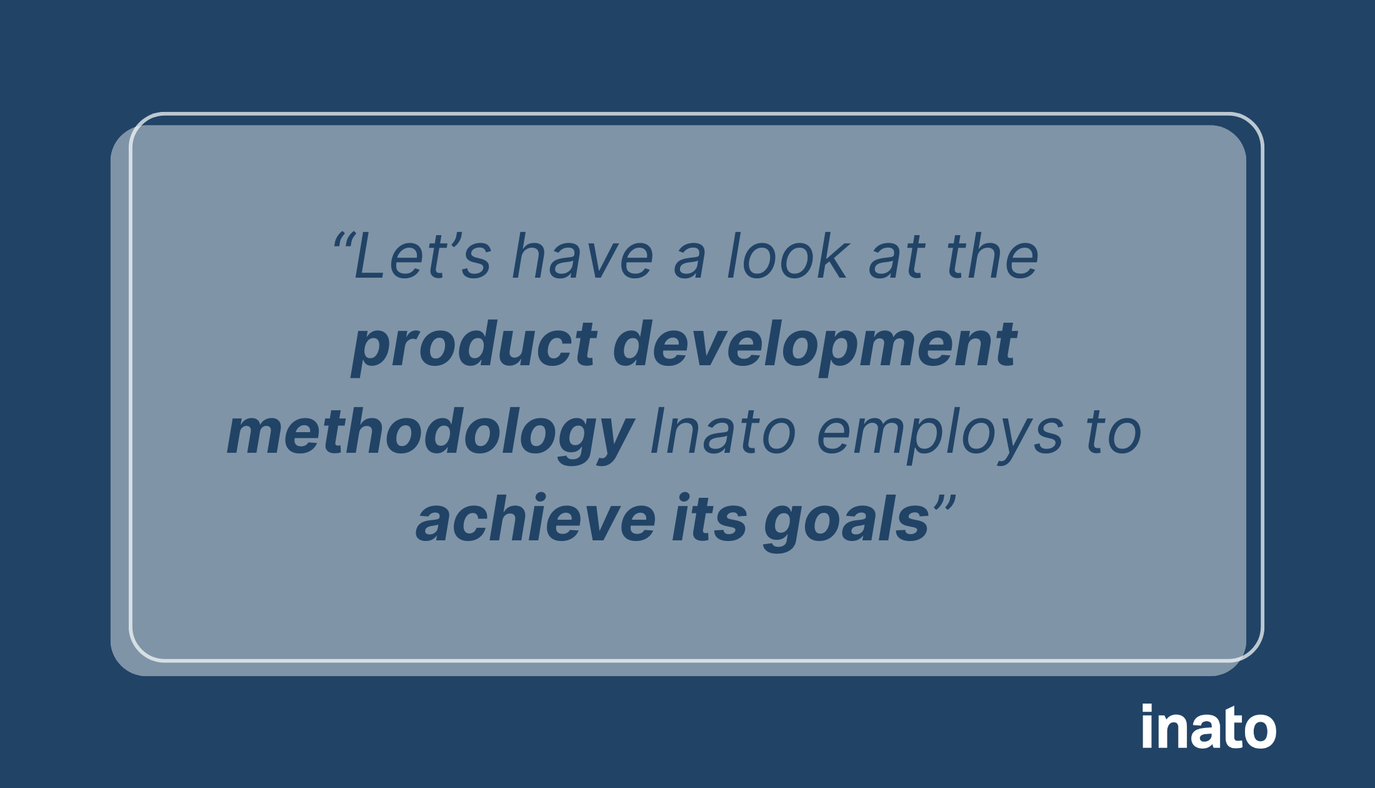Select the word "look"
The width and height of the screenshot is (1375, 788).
point(787,256)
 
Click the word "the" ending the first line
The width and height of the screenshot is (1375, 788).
point(992,256)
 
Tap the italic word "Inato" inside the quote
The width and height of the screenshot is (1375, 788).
point(722,433)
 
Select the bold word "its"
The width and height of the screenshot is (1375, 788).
point(709,520)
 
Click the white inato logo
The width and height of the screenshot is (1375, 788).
point(1208,727)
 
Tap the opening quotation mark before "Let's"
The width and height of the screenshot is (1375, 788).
point(344,240)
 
